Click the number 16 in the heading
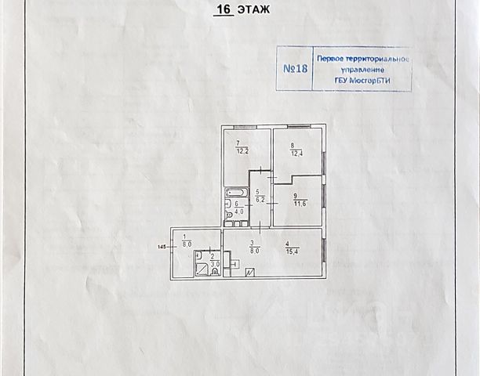click(224, 9)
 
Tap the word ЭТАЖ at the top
click(254, 9)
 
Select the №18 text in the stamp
click(295, 68)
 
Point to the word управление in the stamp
click(363, 70)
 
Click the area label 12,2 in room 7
click(242, 151)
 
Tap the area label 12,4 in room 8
click(296, 154)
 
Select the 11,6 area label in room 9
click(300, 204)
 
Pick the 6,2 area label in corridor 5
click(260, 200)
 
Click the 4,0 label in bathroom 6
click(238, 211)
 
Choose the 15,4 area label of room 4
click(293, 251)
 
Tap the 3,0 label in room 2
click(215, 263)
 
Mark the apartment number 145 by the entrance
click(162, 247)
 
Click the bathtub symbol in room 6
click(236, 193)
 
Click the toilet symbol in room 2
click(215, 271)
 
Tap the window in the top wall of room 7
click(244, 127)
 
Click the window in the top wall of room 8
click(298, 126)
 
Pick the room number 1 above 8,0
click(184, 237)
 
